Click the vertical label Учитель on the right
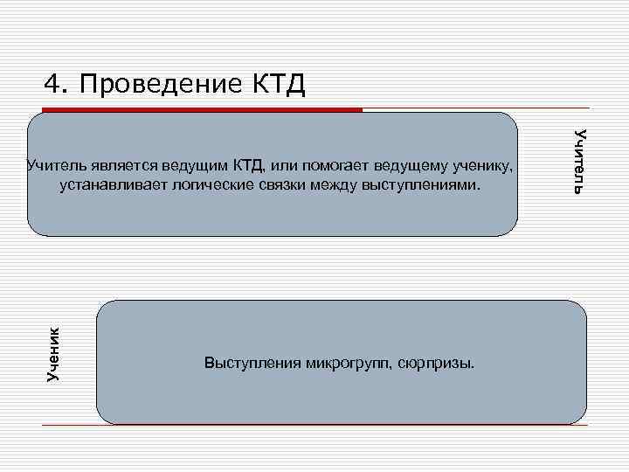coord(579,160)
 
